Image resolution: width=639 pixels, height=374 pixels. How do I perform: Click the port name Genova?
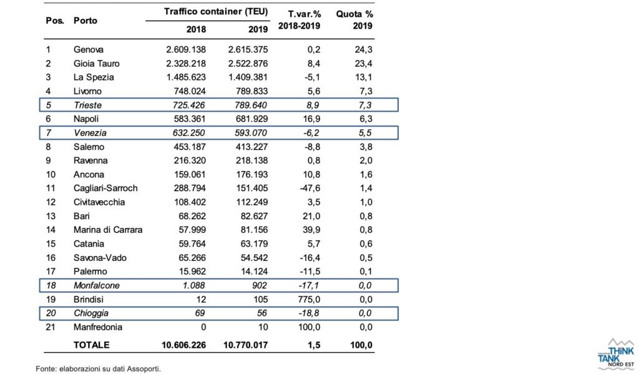[89, 50]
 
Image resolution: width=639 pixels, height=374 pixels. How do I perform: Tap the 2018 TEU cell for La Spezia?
[186, 77]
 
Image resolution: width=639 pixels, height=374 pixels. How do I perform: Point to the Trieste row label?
[87, 106]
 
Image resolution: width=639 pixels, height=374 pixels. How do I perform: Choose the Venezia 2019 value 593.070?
[247, 133]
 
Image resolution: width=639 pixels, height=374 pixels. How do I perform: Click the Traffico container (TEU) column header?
[216, 12]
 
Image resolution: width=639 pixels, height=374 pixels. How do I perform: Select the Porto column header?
[85, 21]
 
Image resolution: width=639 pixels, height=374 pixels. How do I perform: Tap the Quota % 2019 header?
[354, 20]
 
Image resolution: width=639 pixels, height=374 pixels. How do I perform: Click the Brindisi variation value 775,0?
[309, 299]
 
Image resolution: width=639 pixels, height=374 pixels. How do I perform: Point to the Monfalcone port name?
[97, 285]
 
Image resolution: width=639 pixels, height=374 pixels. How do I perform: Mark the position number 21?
[50, 327]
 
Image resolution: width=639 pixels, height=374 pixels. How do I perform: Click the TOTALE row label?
[91, 345]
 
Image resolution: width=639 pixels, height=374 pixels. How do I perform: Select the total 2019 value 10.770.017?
[246, 345]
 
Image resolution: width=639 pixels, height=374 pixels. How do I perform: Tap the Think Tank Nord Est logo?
[616, 353]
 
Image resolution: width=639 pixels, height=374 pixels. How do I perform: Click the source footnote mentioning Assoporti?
[98, 369]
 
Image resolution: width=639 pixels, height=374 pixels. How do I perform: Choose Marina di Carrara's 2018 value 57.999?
[192, 230]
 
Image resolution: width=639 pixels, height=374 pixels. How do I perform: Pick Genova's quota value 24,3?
[364, 50]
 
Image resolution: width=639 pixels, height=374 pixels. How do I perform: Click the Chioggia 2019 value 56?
[261, 313]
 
